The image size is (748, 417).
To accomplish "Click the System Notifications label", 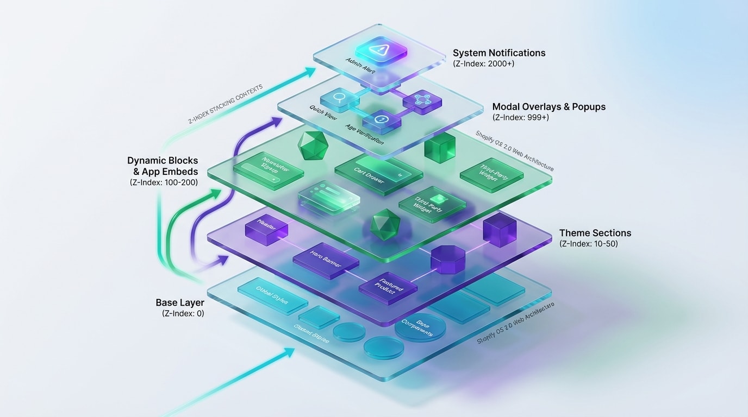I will [x=499, y=53].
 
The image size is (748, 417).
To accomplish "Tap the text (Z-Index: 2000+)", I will [x=484, y=64].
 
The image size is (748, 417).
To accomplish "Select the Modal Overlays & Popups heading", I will [x=548, y=106].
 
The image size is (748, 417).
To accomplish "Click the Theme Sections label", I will [x=595, y=233].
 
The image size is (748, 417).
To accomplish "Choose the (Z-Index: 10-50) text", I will [x=588, y=244].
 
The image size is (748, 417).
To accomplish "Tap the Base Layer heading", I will [x=179, y=302].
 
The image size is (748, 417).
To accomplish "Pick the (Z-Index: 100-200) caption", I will [x=164, y=182].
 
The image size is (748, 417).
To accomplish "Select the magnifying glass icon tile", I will [x=337, y=99].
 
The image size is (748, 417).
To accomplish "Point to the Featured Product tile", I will [x=388, y=287].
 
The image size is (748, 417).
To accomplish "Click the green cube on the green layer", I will [x=439, y=146].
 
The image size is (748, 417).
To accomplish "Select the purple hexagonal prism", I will [x=447, y=258].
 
